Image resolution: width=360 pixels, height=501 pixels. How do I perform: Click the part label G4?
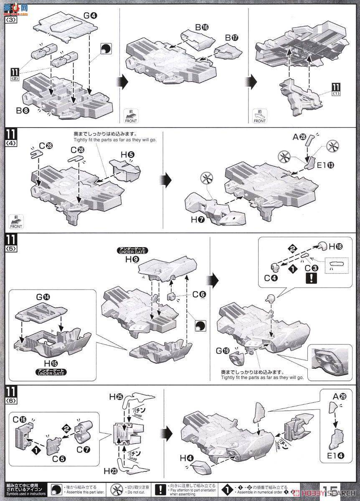90,16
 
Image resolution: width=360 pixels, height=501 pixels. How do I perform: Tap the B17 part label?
231,38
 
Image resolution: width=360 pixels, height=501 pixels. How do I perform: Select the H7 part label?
198,220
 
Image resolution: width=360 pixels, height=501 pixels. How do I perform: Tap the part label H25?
116,397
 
